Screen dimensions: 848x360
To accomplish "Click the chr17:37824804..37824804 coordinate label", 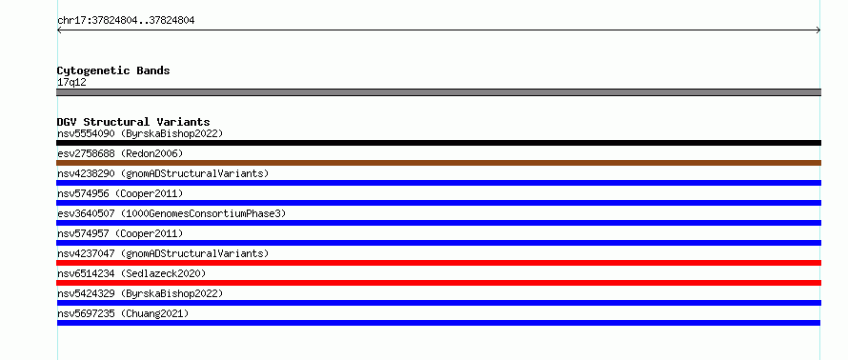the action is coord(126,21).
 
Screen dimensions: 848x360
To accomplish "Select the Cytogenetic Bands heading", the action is coord(113,70).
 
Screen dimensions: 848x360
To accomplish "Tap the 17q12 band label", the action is coord(71,83).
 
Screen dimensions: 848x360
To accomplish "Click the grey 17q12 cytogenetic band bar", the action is coord(438,92).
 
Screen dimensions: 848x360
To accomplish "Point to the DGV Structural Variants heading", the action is coord(133,122).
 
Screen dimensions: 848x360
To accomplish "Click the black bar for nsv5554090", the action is coord(438,143).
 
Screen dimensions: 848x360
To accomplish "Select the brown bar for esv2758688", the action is coord(438,163).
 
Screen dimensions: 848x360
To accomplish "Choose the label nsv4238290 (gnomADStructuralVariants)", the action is coord(163,173).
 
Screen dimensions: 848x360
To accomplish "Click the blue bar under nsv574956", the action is coord(438,203).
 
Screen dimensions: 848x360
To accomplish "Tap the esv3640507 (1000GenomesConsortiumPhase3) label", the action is coord(172,213).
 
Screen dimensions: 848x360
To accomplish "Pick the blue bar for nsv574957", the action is coord(438,243).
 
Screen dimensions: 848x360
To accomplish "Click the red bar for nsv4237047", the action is coord(438,263).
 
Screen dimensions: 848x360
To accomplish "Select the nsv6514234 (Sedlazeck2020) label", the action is coord(131,273).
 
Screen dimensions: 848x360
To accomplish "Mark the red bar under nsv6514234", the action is coord(438,283).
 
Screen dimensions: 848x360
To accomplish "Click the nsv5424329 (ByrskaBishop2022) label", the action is coord(140,293).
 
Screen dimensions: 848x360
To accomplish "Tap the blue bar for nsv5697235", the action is coord(438,323).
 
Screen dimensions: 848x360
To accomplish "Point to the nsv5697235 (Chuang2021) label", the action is coord(123,313).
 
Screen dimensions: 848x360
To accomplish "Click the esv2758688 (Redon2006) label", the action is coord(120,153).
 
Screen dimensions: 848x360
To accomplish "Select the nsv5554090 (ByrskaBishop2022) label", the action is coord(140,133).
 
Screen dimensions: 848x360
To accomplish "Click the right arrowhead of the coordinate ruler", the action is coord(818,30).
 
